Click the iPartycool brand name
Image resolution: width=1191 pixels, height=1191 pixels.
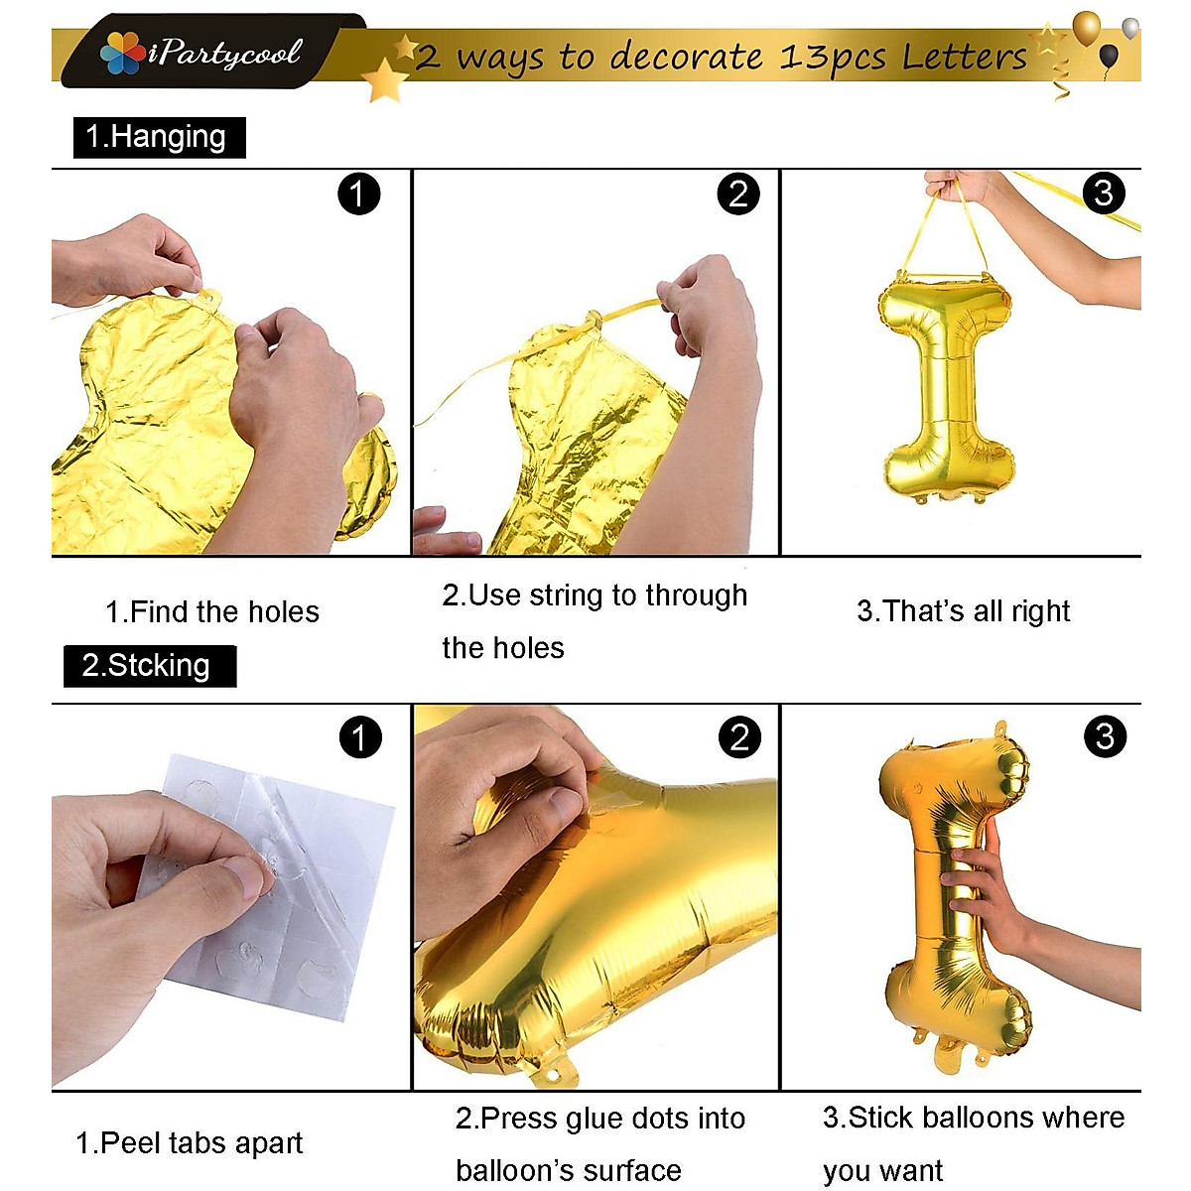225,54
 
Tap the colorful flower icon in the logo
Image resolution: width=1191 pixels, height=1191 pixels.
122,54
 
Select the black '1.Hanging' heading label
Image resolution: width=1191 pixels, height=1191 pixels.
158,137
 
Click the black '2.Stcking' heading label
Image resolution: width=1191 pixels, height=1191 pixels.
149,665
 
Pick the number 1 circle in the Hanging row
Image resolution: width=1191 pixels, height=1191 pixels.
358,194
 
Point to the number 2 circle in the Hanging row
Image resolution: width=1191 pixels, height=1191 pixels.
737,194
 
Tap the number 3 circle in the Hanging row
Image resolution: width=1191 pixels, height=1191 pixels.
1104,193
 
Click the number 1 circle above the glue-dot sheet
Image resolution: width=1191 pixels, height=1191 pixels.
359,737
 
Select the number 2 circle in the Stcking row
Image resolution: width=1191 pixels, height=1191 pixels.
739,737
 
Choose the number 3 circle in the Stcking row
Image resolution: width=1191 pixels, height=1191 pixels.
1105,736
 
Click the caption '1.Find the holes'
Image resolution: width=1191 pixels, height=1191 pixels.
212,611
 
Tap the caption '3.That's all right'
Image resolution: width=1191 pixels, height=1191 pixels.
963,610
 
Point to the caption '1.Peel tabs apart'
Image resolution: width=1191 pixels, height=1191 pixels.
190,1143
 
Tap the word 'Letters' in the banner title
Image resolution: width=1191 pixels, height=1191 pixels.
964,57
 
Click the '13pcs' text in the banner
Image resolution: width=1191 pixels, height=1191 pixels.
832,58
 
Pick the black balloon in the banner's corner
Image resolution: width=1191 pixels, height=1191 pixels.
1110,56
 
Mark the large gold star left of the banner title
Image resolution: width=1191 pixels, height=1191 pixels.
383,79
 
